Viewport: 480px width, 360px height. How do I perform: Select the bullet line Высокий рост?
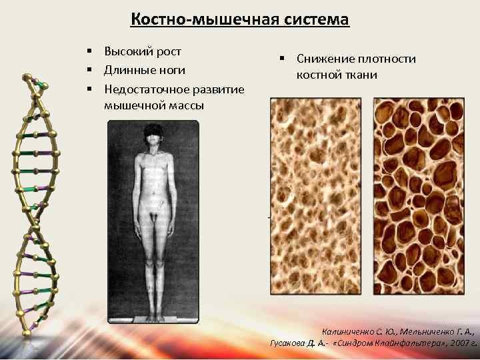coord(143,51)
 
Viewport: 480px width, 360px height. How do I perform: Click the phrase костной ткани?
coord(337,75)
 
